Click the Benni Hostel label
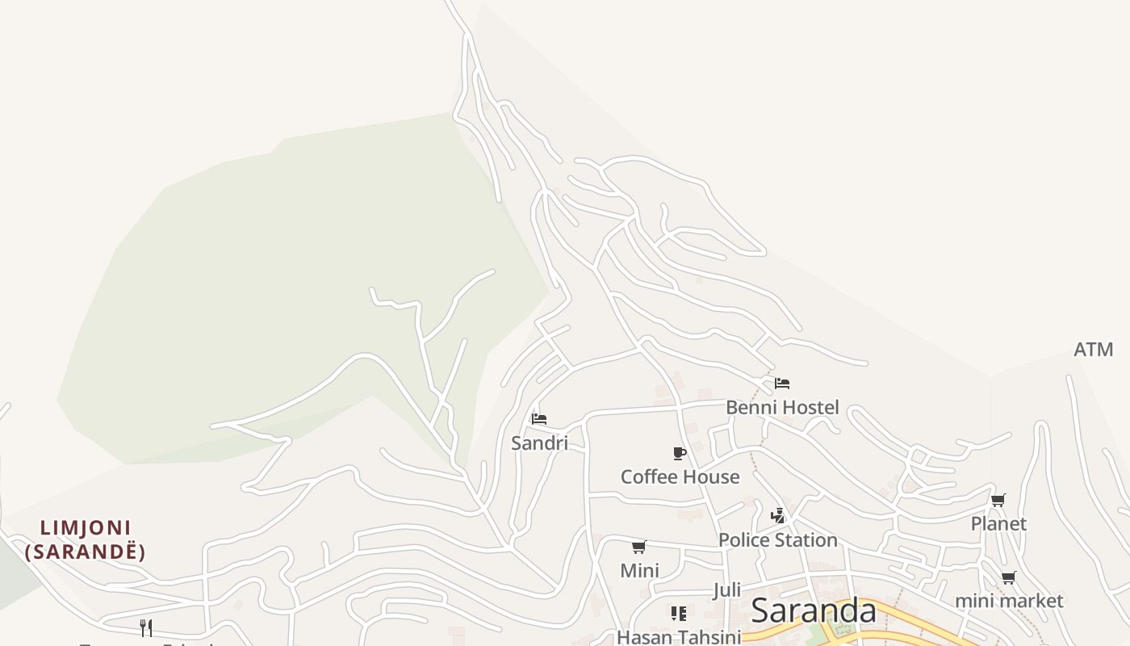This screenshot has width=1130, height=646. pos(782,407)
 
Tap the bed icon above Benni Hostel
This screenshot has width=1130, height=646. pos(781,383)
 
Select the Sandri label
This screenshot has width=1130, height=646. pos(539,443)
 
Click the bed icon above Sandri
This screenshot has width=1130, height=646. pos(539,418)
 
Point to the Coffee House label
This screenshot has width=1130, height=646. pos(680,476)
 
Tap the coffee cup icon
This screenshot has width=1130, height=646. pos(680,453)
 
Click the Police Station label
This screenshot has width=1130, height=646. pos(777,539)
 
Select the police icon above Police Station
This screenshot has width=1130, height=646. pos(778,515)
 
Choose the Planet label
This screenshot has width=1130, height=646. pos(998,523)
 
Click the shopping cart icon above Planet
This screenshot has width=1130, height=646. pos(998,500)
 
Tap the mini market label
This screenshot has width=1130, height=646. pos(1009,601)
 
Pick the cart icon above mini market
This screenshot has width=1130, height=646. pos(1008,577)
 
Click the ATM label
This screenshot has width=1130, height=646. pos(1093,350)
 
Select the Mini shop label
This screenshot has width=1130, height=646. pos(639,570)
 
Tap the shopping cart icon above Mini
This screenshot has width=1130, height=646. pos(639,547)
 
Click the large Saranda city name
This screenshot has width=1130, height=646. pos(813,611)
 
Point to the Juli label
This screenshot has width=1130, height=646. pos(726,590)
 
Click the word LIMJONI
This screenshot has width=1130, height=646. pos(86,528)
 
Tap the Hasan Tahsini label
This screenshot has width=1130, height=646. pos(679,637)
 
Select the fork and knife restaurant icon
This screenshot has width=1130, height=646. pos(146,627)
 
